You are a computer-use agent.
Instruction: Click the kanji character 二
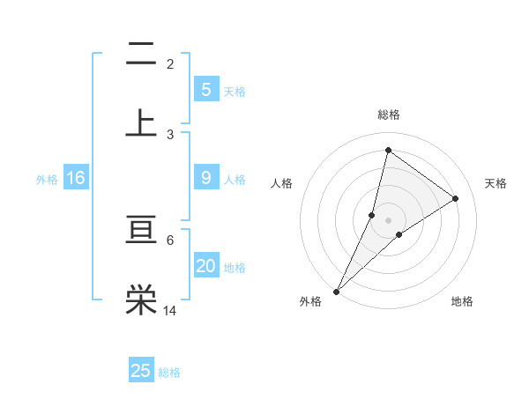pos(141,55)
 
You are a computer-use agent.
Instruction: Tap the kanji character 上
pos(141,122)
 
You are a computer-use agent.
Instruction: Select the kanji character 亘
pos(141,232)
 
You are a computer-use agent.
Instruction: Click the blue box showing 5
pos(205,89)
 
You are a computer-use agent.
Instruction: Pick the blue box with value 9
pos(205,178)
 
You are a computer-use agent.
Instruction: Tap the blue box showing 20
pos(205,266)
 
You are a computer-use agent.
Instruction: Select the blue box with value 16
pos(75,178)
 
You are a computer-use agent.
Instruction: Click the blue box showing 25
pos(141,371)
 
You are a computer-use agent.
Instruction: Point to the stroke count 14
pos(169,310)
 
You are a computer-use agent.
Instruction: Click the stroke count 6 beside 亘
pos(170,240)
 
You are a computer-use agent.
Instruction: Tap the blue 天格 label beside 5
pos(235,91)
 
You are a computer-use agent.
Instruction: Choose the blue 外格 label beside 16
pos(47,179)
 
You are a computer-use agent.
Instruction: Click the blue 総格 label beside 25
pos(170,373)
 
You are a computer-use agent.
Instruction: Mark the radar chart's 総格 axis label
pos(389,115)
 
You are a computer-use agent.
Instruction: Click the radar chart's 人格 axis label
pos(281,183)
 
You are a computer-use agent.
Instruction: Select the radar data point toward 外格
pos(337,291)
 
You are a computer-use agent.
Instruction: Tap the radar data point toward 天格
pos(456,198)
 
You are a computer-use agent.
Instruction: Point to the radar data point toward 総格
pos(388,151)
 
